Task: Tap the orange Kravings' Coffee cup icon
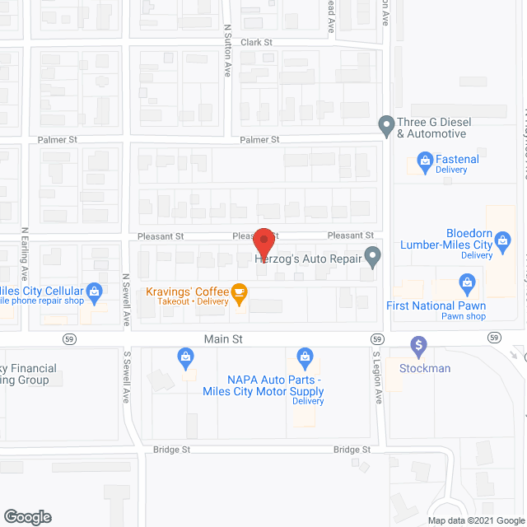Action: point(239,291)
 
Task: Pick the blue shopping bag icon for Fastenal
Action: point(425,159)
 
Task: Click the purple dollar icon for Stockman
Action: point(418,343)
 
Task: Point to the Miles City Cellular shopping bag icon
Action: point(95,290)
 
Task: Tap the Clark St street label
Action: point(256,42)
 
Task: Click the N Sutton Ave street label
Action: point(228,50)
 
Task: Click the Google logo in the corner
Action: point(27,517)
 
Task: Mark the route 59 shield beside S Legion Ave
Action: point(376,338)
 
